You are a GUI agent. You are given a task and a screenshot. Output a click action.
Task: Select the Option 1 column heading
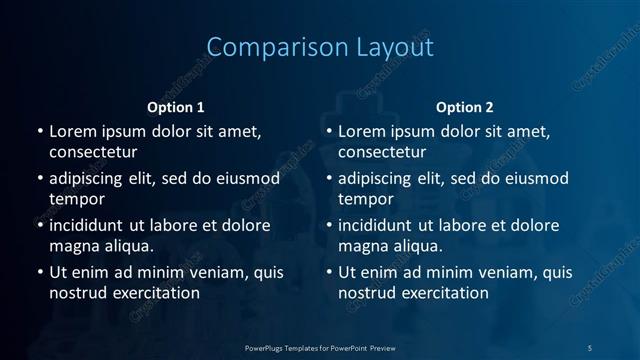176,107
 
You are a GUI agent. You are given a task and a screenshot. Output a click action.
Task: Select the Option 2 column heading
465,107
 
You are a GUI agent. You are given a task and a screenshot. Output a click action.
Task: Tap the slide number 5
590,347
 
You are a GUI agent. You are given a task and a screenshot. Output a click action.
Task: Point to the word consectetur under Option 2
382,152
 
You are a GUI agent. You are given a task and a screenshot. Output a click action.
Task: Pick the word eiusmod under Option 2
535,179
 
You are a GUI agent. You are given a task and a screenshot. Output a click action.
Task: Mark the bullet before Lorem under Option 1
40,132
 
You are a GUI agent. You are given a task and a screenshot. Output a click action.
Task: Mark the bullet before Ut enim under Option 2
329,273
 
